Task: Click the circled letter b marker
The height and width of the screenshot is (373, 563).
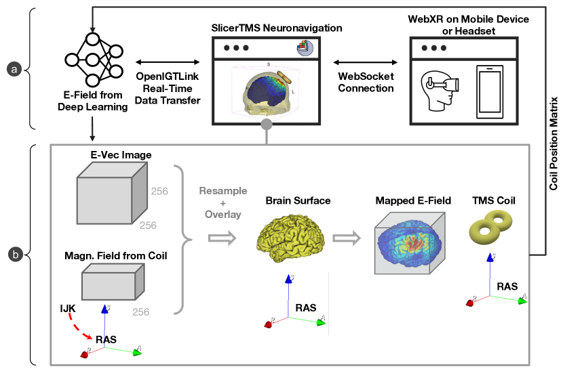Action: point(13,255)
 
